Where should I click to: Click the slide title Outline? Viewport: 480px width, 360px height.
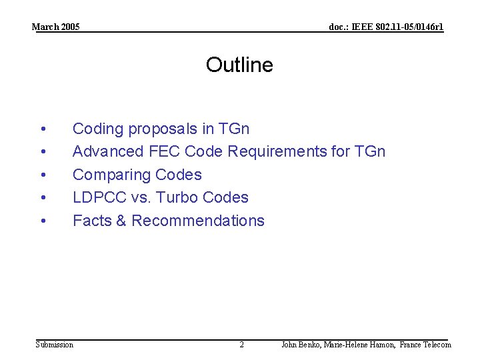click(x=239, y=65)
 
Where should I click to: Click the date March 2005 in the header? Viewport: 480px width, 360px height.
click(x=56, y=27)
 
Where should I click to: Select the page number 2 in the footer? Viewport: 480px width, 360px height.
click(x=241, y=345)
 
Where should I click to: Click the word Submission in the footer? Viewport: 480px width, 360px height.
click(x=55, y=345)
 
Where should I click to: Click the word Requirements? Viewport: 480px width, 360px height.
click(x=277, y=151)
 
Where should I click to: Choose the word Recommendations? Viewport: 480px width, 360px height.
click(x=198, y=221)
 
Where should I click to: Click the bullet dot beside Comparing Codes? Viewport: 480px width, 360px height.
click(x=43, y=175)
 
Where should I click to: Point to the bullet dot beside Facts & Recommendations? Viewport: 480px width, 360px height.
click(x=43, y=221)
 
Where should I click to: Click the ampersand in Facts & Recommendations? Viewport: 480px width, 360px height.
click(x=121, y=221)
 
